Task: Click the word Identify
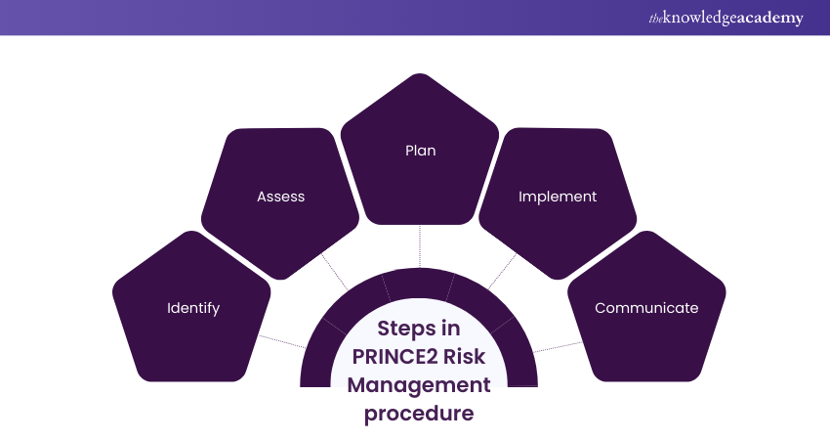coord(193,308)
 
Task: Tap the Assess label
coord(281,197)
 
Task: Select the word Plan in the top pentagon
coord(420,151)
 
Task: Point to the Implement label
coord(558,197)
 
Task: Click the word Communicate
coord(646,308)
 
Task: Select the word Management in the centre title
coord(419,384)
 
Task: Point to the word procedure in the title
coord(419,413)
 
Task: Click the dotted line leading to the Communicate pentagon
coord(556,344)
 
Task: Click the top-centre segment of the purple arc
coord(419,285)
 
